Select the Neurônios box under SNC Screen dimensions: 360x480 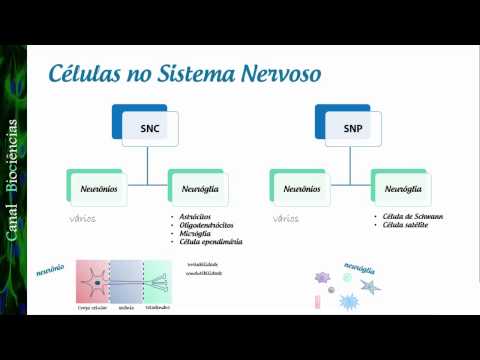(97, 187)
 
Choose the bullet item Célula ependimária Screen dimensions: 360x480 (211, 242)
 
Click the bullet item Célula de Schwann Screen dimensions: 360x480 (410, 216)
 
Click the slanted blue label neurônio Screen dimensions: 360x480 (50, 271)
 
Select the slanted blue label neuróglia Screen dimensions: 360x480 (359, 271)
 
